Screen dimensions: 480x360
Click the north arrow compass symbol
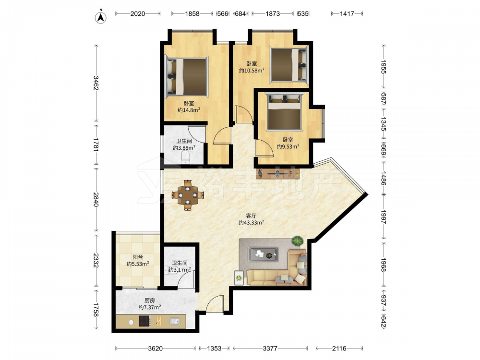(x=100, y=17)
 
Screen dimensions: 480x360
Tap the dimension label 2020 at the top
(x=137, y=13)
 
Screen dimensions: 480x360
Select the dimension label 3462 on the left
(x=96, y=83)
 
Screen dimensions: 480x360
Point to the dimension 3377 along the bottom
(x=270, y=348)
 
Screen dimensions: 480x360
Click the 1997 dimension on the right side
(x=383, y=217)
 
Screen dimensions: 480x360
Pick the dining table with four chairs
(x=188, y=195)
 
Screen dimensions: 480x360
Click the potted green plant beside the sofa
(x=297, y=241)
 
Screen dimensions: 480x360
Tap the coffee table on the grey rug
(x=263, y=254)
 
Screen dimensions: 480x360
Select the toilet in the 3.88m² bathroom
(x=185, y=158)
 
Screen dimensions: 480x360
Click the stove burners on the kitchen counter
(x=145, y=321)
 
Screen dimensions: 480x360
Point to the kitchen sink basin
(x=175, y=321)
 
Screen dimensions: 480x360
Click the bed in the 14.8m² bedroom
(x=187, y=77)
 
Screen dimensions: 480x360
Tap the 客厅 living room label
(x=251, y=216)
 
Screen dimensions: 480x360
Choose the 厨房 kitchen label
(x=150, y=300)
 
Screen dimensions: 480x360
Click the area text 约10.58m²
(x=252, y=71)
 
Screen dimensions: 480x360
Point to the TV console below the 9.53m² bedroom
(x=278, y=174)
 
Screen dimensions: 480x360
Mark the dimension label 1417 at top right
(x=347, y=13)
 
